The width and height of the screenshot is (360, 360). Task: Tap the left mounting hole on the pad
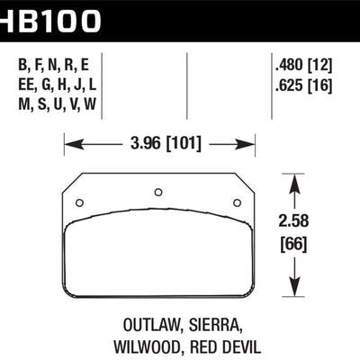click(x=79, y=202)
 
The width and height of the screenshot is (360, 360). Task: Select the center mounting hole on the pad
click(x=158, y=192)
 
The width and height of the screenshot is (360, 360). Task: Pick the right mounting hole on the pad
click(x=238, y=202)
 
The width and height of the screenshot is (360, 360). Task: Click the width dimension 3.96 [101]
click(x=160, y=142)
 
